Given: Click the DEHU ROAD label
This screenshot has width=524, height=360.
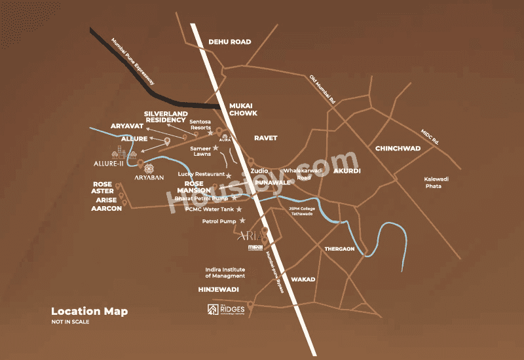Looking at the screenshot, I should click(230, 42).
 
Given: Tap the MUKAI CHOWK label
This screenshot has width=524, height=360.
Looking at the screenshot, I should click(243, 109).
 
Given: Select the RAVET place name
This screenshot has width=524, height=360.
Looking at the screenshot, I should click(266, 138).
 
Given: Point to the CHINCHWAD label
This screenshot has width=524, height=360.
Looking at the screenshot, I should click(398, 149).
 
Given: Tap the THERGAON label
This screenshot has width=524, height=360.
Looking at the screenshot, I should click(339, 249).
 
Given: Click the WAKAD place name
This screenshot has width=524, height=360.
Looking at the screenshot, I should click(303, 279).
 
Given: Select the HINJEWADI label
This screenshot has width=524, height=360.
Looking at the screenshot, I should click(218, 289).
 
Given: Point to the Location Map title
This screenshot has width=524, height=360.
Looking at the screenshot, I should click(89, 312).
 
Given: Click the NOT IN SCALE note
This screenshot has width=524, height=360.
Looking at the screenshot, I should click(70, 322).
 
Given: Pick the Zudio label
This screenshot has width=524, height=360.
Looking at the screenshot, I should click(260, 170).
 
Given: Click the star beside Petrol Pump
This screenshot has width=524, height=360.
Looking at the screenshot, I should click(242, 221).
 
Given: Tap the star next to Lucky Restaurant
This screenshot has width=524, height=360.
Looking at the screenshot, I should click(229, 174).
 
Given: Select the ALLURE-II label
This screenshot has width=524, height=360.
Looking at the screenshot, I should click(108, 164).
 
